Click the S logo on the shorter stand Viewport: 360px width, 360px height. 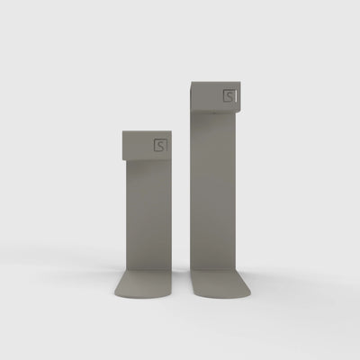[x=160, y=146]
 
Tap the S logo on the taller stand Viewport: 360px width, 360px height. [x=229, y=95]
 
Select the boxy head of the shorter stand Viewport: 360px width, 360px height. [x=147, y=145]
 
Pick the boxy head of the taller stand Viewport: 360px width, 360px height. [x=215, y=96]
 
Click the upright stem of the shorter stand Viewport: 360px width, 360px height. [x=148, y=214]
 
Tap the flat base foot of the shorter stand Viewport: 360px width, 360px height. [x=143, y=283]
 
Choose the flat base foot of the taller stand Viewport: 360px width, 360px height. [x=220, y=283]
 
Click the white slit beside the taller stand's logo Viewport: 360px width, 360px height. [x=236, y=96]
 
